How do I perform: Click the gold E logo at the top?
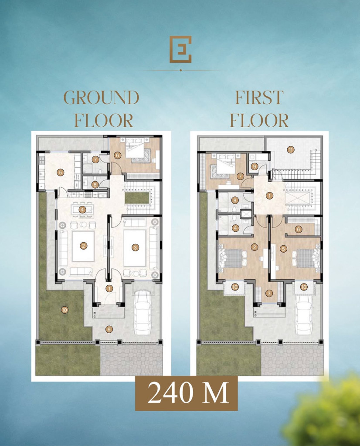pyautogui.click(x=180, y=49)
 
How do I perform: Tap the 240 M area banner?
pyautogui.click(x=186, y=393)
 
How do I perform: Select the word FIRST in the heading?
pyautogui.click(x=259, y=97)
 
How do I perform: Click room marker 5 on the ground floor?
pyautogui.click(x=60, y=172)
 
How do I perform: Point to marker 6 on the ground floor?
pyautogui.click(x=117, y=155)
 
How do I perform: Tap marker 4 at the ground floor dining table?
pyautogui.click(x=82, y=209)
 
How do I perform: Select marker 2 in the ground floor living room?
pyautogui.click(x=83, y=246)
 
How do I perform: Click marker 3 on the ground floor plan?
pyautogui.click(x=136, y=247)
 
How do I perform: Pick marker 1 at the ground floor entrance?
pyautogui.click(x=109, y=288)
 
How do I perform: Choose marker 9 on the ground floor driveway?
pyautogui.click(x=109, y=329)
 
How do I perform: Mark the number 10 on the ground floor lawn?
pyautogui.click(x=65, y=310)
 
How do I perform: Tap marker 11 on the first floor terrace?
pyautogui.click(x=290, y=150)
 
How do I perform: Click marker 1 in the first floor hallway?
pyautogui.click(x=269, y=196)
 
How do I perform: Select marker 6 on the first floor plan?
pyautogui.click(x=298, y=229)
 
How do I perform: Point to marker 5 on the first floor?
pyautogui.click(x=283, y=249)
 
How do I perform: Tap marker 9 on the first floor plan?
pyautogui.click(x=255, y=166)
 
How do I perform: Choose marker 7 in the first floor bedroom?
pyautogui.click(x=240, y=177)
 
